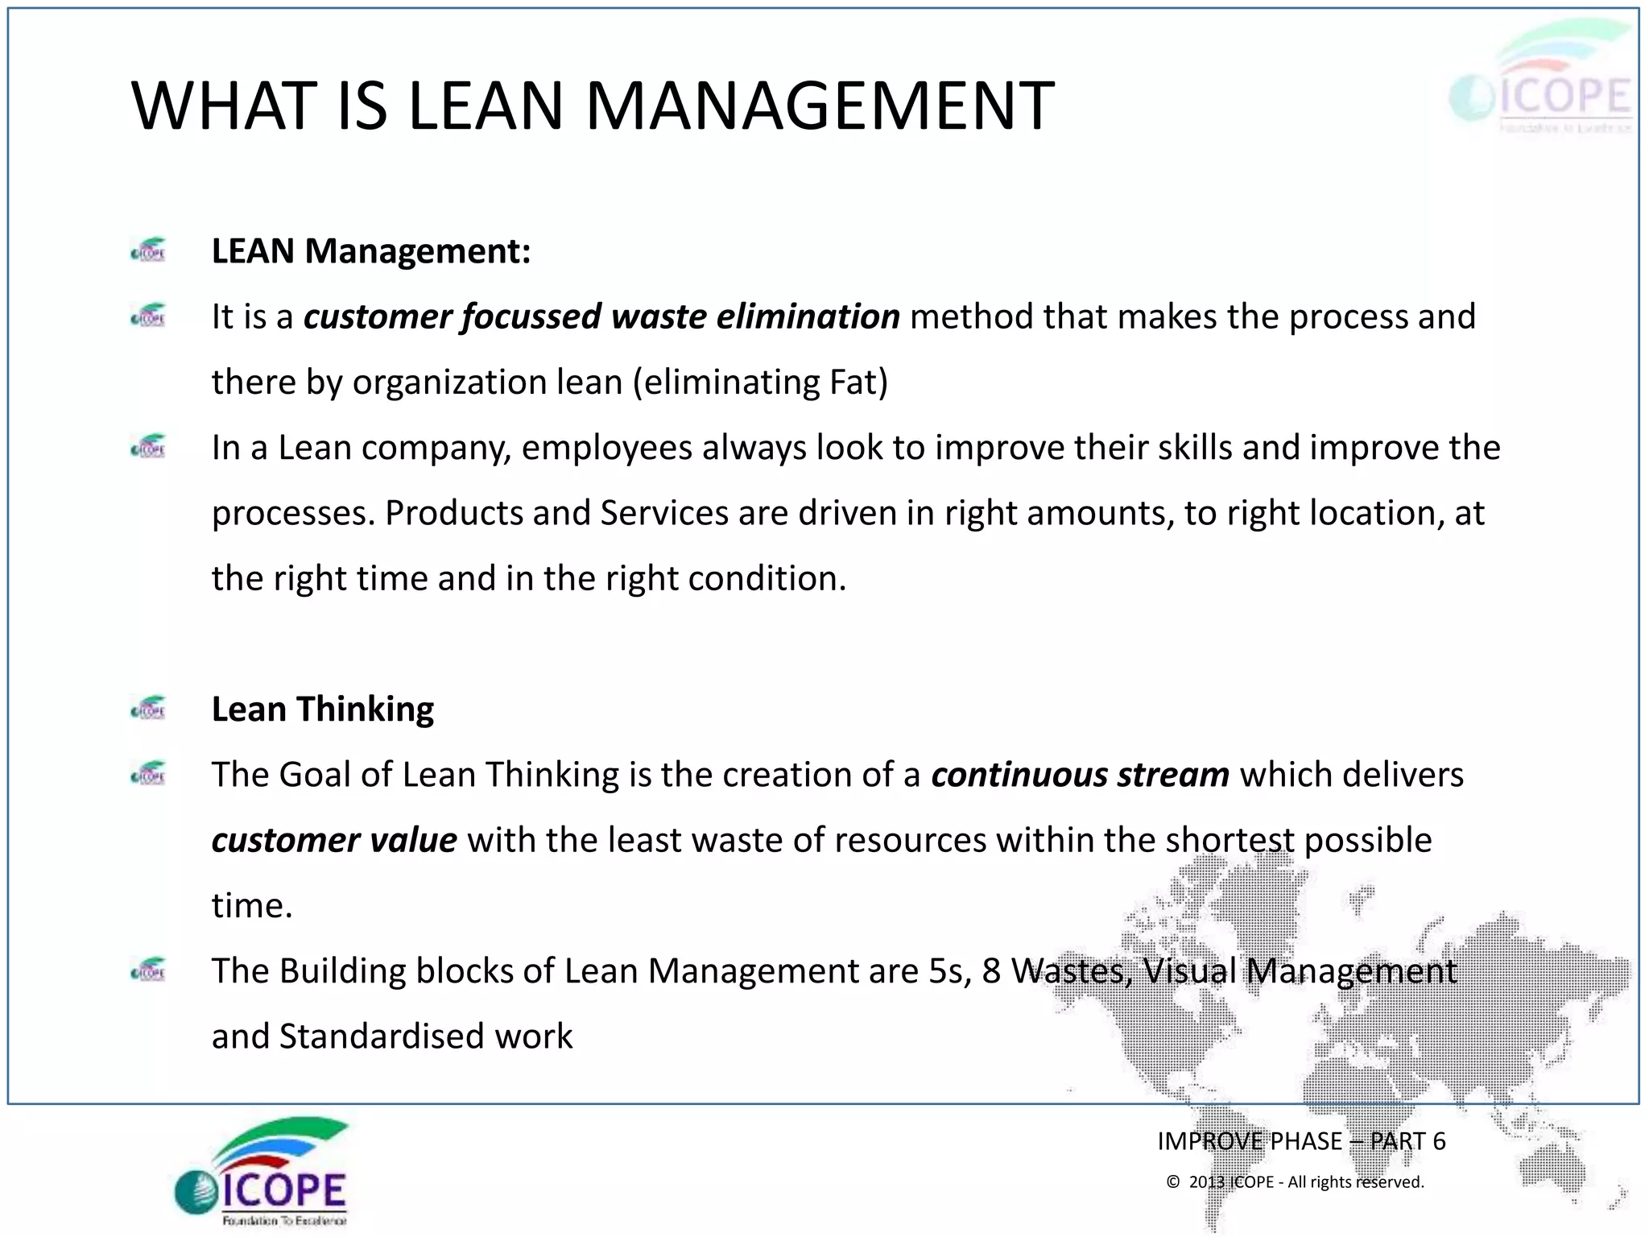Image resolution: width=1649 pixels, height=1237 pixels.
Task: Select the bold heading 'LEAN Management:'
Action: [x=371, y=251]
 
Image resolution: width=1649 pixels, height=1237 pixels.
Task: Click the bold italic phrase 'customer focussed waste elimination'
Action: [x=601, y=316]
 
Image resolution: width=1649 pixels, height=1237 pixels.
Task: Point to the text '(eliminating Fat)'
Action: [x=760, y=382]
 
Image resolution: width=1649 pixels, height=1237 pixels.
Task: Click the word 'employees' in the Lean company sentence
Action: [x=606, y=448]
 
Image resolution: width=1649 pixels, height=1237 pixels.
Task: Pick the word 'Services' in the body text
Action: [x=664, y=513]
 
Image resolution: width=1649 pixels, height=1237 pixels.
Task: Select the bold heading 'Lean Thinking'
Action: [x=323, y=710]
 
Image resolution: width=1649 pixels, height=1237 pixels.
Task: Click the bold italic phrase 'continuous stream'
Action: [x=1080, y=775]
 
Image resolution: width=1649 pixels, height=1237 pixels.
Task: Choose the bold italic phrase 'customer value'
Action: [x=334, y=840]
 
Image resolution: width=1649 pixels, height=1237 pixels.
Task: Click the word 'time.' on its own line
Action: [x=252, y=905]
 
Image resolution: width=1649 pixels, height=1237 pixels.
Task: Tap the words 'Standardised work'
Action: [x=426, y=1036]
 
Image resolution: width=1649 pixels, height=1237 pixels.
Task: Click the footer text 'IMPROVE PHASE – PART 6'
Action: [x=1301, y=1141]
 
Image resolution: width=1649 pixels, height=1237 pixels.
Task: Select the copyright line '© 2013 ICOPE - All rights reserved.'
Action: [x=1295, y=1182]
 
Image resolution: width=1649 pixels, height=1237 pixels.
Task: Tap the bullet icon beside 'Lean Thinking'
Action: [x=149, y=708]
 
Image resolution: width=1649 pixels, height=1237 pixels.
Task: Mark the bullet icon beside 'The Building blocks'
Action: [x=149, y=970]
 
